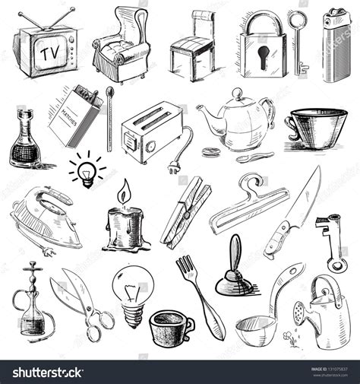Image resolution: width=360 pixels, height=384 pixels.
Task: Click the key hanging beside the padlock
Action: [301, 42]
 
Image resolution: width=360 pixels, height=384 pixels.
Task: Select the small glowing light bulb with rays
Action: [87, 170]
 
